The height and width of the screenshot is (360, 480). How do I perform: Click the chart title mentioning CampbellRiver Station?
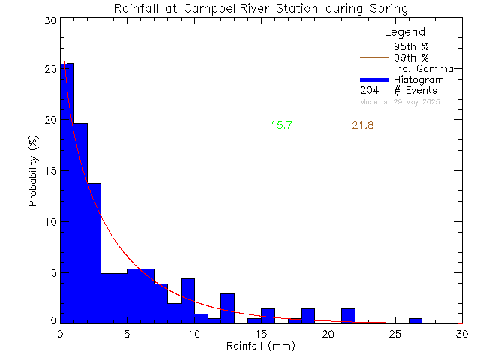(261, 9)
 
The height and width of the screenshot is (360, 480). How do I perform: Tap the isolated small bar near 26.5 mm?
(415, 320)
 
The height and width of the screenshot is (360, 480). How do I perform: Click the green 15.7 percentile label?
(281, 126)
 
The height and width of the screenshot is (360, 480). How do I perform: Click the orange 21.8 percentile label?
(362, 126)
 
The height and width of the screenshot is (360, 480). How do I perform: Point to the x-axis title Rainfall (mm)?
(260, 348)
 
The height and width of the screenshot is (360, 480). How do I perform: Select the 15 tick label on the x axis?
(260, 334)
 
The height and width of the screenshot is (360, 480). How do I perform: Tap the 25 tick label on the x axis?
(394, 334)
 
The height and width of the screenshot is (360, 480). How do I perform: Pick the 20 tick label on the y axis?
(49, 120)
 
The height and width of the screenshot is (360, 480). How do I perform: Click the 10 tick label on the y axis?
(49, 222)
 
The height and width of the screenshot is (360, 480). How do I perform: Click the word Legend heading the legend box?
(404, 33)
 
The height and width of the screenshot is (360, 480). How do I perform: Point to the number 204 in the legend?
(370, 90)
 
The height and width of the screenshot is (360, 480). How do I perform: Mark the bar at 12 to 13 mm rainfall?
(227, 308)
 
